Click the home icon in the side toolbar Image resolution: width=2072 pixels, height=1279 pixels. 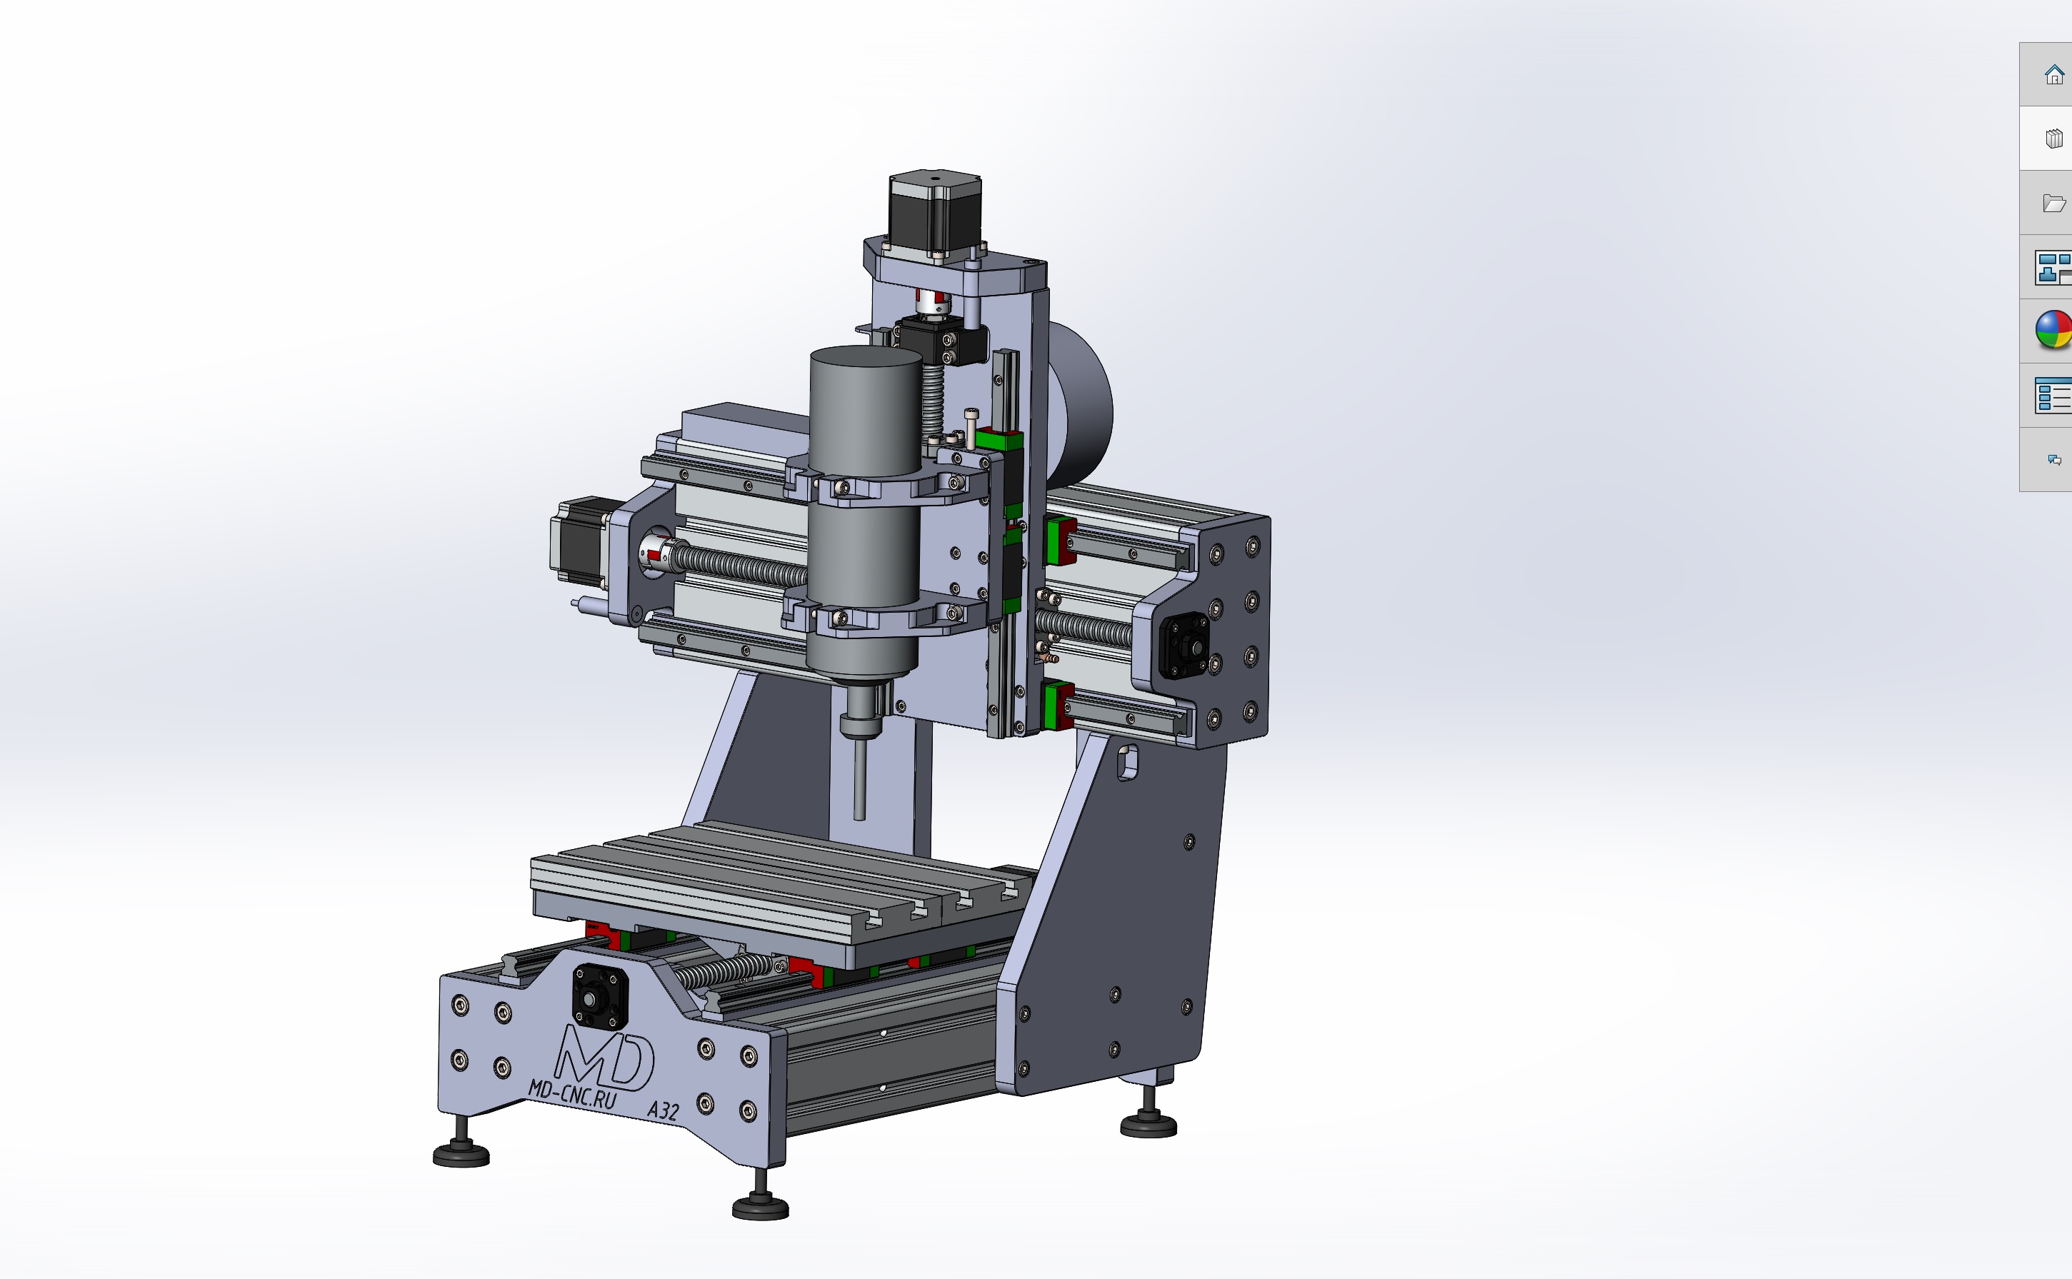[2054, 75]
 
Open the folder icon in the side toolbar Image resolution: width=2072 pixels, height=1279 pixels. [2054, 203]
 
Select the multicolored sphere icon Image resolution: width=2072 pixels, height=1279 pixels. [2054, 330]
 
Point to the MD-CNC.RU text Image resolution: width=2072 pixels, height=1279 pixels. [573, 1095]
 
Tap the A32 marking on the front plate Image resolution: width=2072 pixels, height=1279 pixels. [664, 1110]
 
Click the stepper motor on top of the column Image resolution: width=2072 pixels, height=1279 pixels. [935, 215]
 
